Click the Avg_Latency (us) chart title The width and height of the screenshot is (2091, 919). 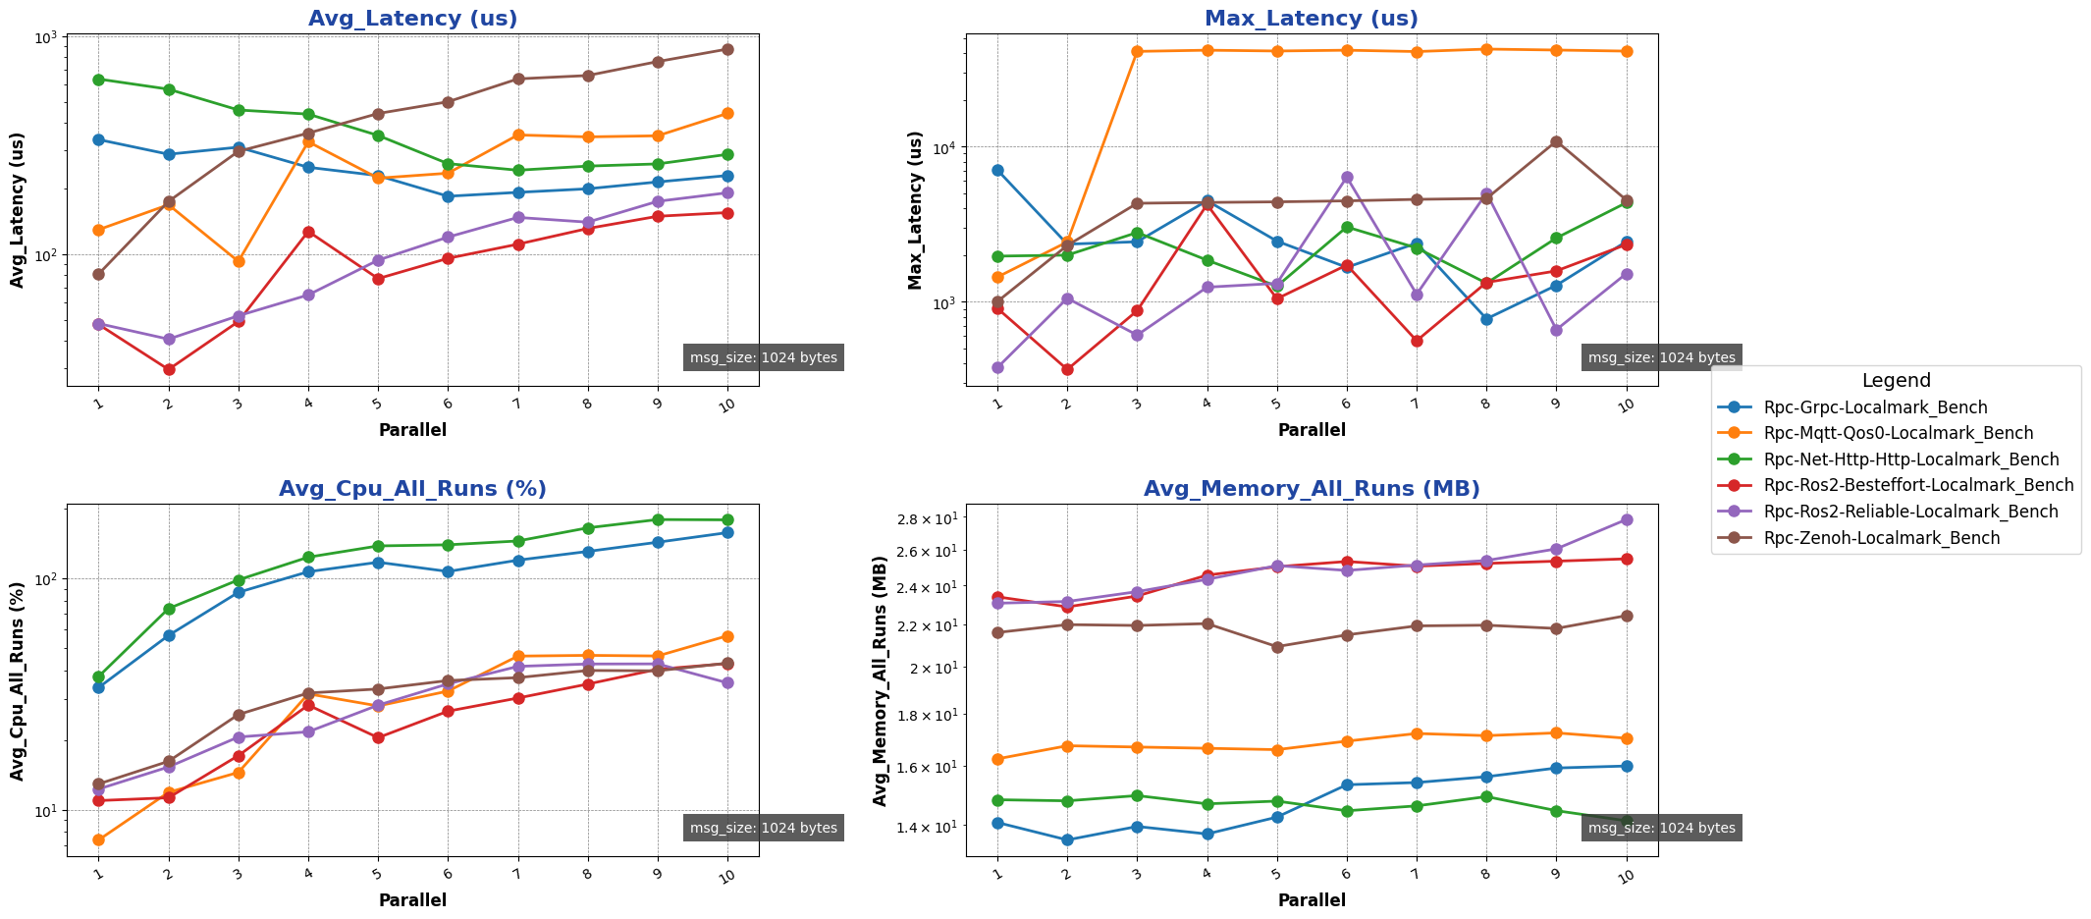(412, 19)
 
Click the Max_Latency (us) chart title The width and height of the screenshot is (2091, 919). (1312, 19)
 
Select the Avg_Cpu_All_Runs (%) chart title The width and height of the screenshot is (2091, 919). (412, 489)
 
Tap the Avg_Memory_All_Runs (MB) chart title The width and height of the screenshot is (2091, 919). (1312, 489)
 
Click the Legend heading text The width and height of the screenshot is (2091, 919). (1896, 381)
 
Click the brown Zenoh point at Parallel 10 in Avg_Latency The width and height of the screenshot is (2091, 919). (727, 49)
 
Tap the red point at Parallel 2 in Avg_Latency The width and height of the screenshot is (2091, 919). (169, 369)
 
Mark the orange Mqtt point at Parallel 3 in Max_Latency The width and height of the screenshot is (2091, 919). (1137, 51)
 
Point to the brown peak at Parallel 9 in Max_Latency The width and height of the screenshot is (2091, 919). (1556, 141)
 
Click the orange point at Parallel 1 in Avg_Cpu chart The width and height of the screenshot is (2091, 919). (98, 839)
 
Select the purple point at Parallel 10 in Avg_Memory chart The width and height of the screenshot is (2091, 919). (1626, 519)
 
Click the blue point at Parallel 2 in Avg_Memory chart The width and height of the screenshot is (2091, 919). (1067, 839)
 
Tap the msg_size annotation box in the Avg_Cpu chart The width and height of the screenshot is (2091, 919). (763, 828)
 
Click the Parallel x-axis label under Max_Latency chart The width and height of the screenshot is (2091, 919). (1312, 430)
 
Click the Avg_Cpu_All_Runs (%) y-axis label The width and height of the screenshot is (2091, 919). (18, 680)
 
